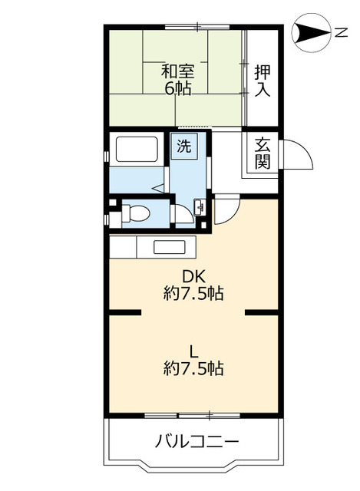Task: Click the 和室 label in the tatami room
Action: tap(177, 71)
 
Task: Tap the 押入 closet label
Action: tap(263, 81)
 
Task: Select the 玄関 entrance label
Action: tap(263, 153)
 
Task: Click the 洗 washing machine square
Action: tap(184, 146)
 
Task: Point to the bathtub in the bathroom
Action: tap(137, 149)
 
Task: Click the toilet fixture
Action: tap(136, 213)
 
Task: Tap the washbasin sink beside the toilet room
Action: tap(200, 207)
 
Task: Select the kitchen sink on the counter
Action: tap(169, 247)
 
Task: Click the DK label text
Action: tap(193, 276)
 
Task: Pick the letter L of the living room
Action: tap(194, 352)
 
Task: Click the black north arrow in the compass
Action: tap(311, 32)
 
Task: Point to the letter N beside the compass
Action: tap(342, 32)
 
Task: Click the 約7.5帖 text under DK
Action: tap(193, 294)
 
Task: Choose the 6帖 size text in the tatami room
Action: tap(178, 89)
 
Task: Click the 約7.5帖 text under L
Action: tap(193, 368)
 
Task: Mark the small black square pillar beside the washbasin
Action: tap(203, 225)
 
